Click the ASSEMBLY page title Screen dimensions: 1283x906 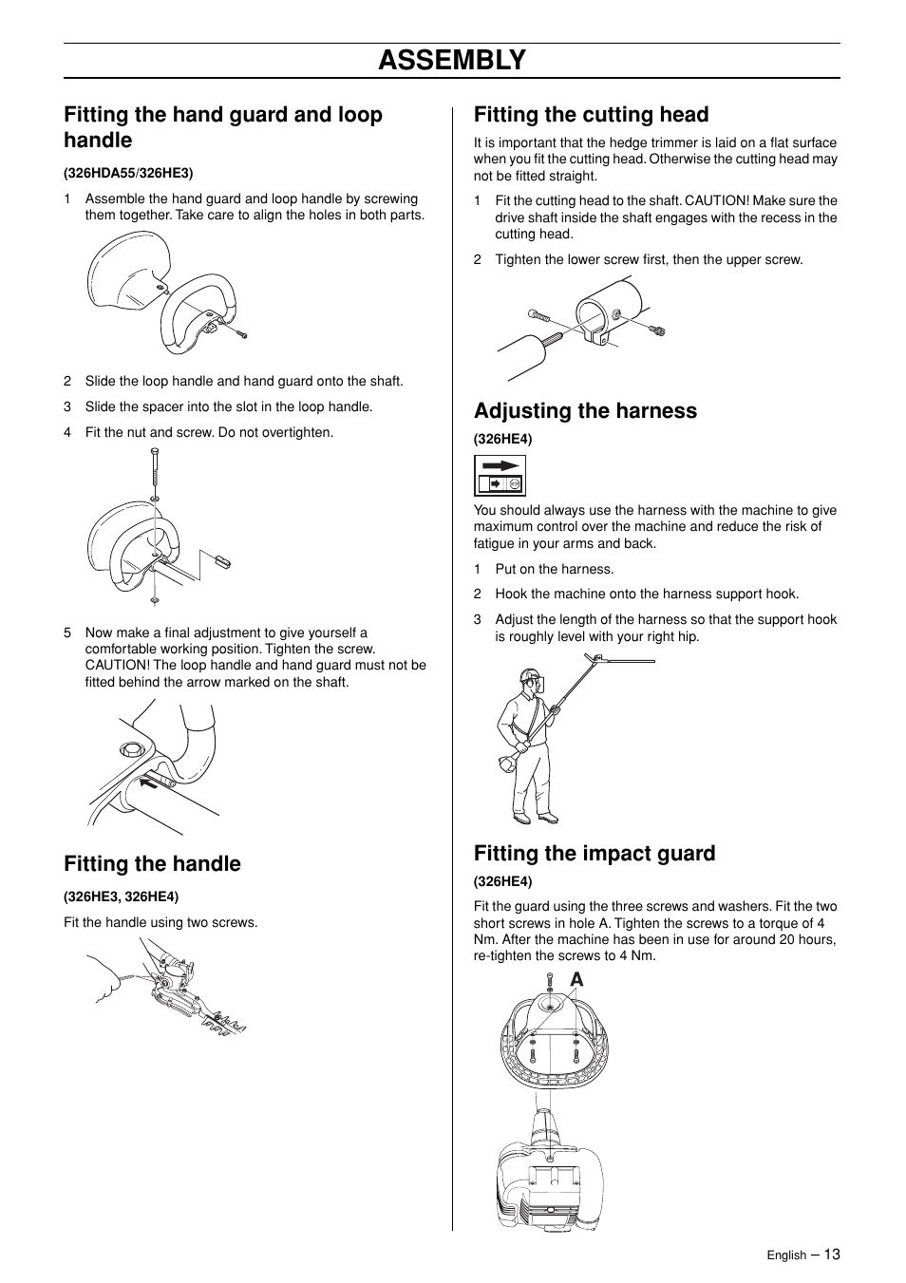click(x=451, y=60)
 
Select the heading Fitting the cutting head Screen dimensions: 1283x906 click(x=591, y=115)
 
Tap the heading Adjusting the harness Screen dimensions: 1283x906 click(x=585, y=411)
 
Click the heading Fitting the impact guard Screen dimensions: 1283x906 click(x=595, y=854)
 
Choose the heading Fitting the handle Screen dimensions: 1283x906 click(x=152, y=864)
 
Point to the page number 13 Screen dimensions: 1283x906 click(x=832, y=1255)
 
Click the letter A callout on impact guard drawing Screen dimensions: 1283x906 click(x=576, y=980)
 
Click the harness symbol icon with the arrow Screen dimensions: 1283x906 click(x=500, y=475)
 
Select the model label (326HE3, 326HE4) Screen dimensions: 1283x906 click(x=121, y=896)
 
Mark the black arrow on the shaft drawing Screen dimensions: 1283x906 click(x=148, y=783)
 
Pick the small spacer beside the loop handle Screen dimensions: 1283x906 click(x=222, y=560)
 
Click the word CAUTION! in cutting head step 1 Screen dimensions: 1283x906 click(x=718, y=201)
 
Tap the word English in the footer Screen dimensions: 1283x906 click(x=786, y=1255)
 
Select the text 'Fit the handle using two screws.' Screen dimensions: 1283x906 click(x=160, y=922)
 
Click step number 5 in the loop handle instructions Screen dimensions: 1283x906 click(x=67, y=632)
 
